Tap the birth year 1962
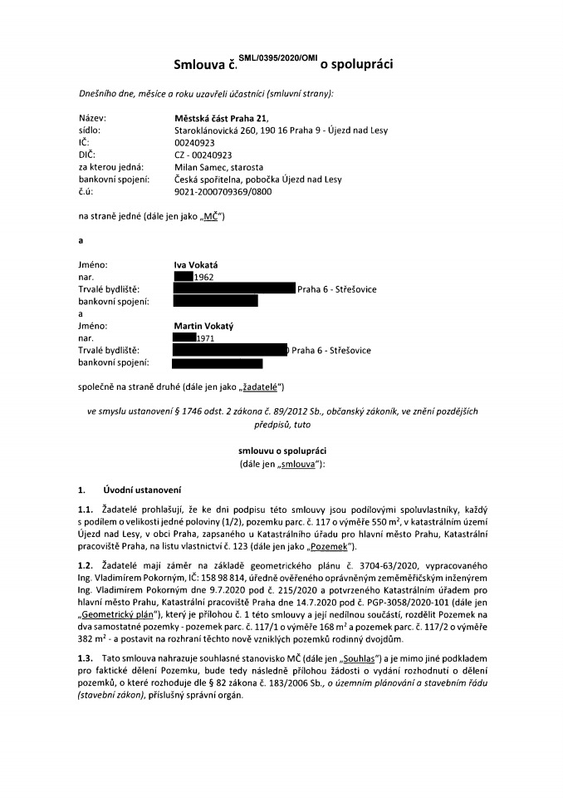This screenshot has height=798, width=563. [x=204, y=277]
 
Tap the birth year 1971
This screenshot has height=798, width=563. [x=207, y=338]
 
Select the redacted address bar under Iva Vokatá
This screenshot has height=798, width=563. [x=234, y=289]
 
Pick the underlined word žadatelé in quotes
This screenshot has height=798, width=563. [x=261, y=387]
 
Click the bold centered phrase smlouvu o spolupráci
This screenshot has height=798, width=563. [x=281, y=450]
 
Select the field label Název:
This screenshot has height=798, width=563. [x=92, y=118]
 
